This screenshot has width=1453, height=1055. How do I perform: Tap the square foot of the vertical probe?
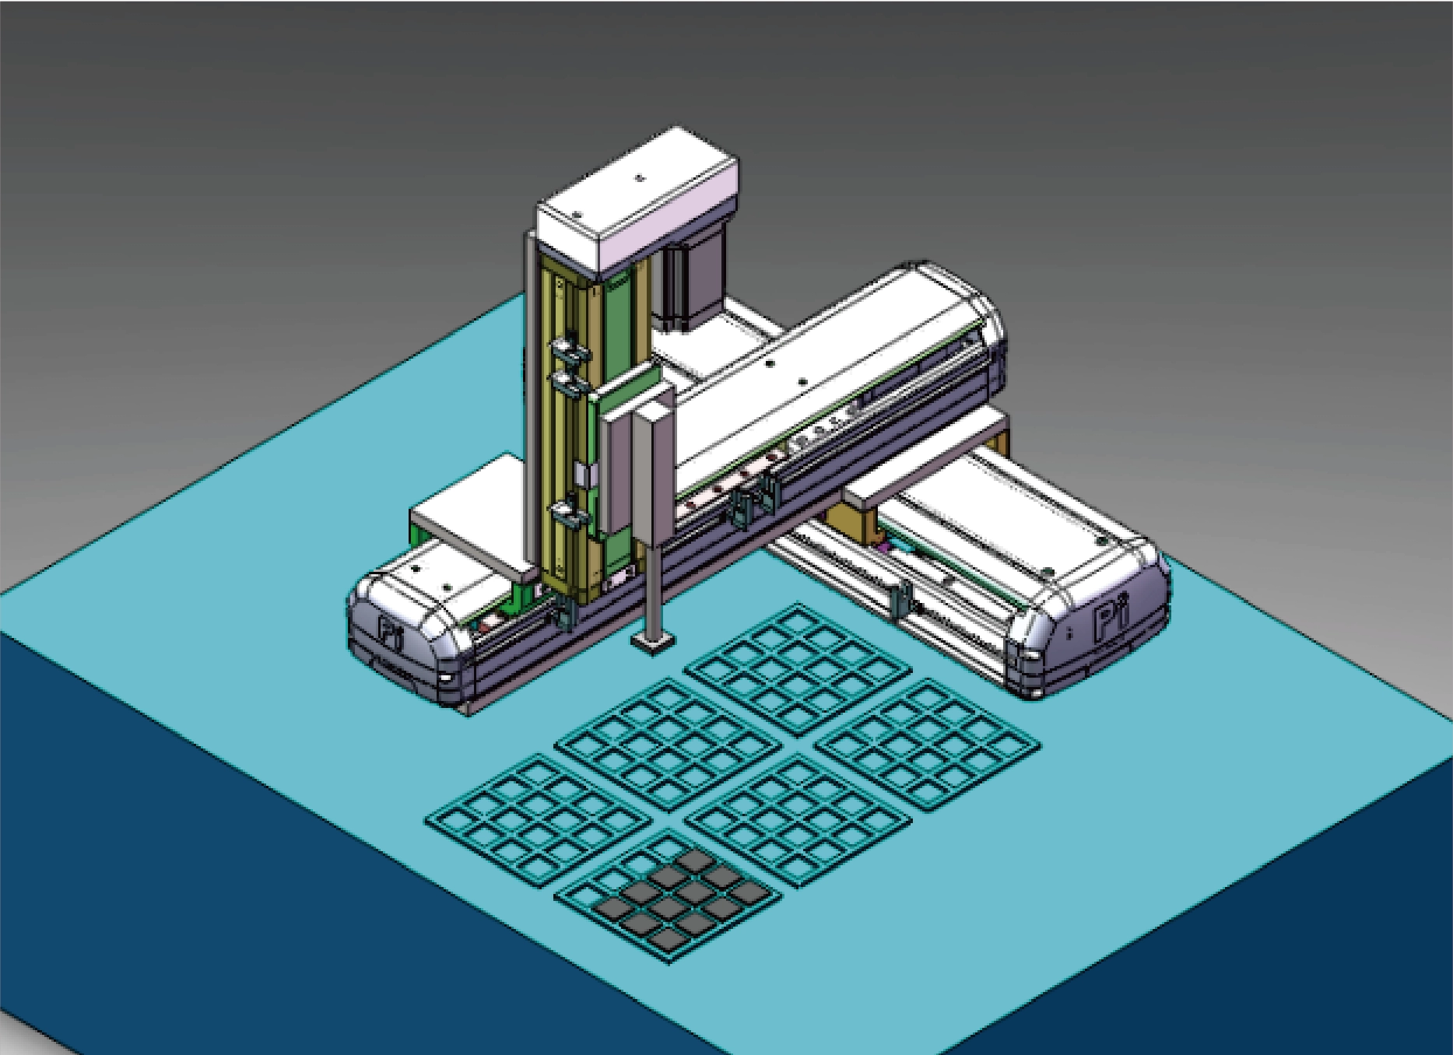[x=653, y=642]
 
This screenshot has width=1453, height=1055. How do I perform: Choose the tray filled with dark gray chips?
[x=668, y=896]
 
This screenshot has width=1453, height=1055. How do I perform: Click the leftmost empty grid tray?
[x=538, y=820]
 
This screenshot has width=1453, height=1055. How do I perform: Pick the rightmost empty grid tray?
[x=927, y=744]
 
